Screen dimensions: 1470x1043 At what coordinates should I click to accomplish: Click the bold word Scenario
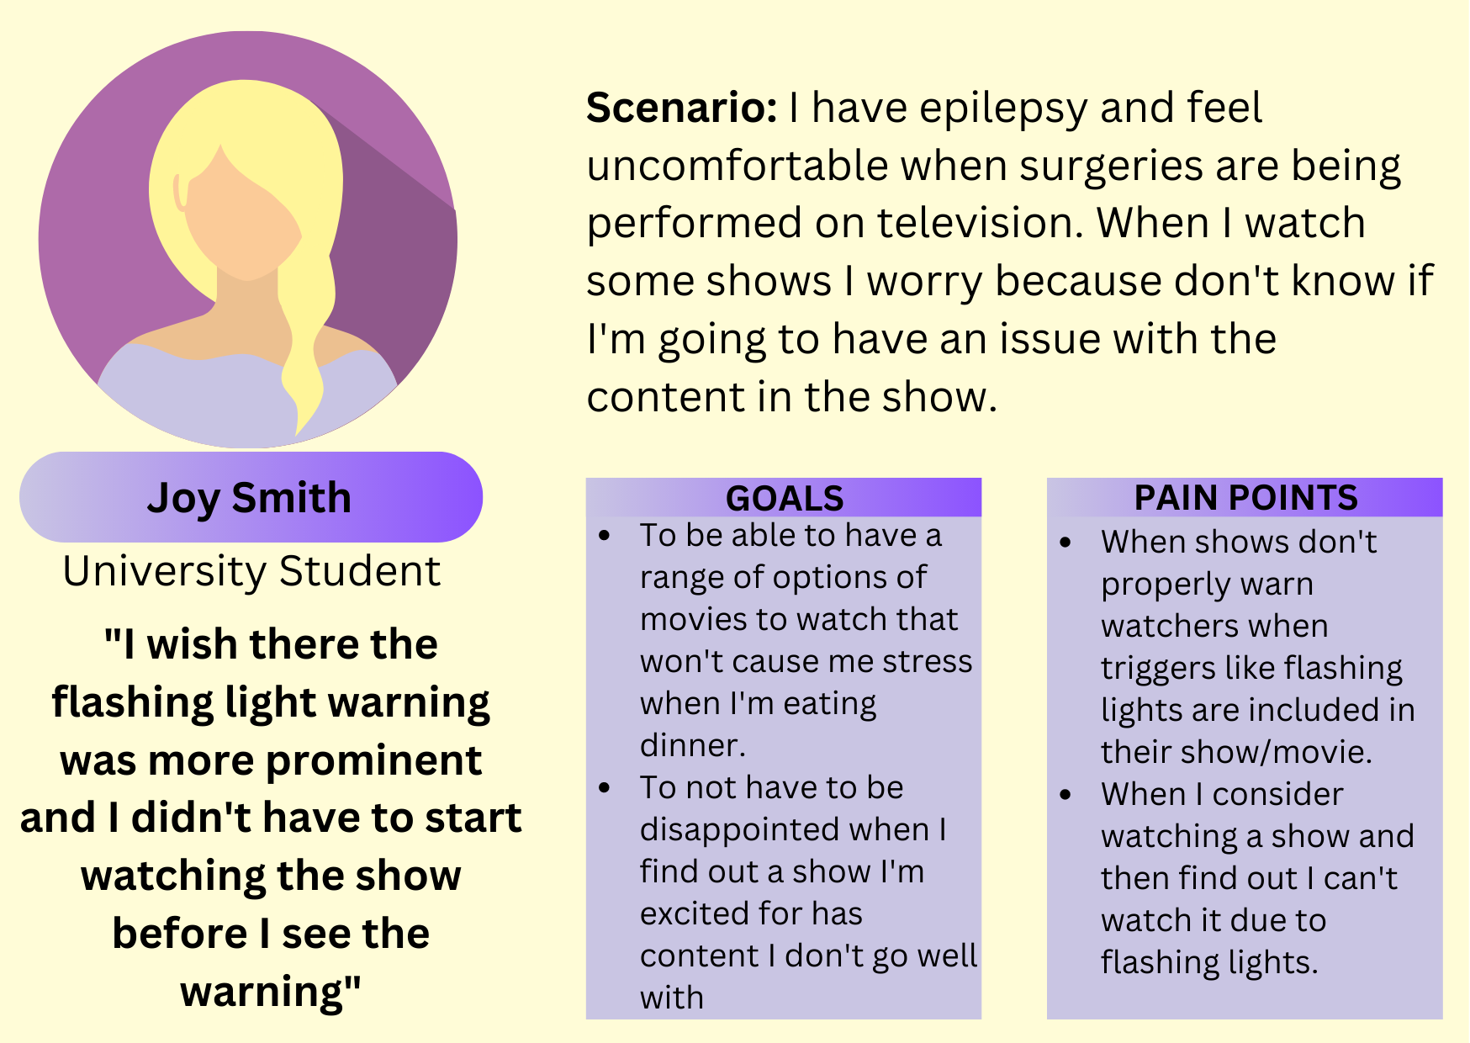tap(682, 108)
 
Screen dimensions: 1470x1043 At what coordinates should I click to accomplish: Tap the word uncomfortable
tap(737, 166)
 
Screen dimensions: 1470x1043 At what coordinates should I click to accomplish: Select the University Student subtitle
tap(251, 572)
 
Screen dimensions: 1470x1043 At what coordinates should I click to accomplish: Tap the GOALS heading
tap(785, 499)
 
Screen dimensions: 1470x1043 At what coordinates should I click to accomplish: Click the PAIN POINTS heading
tap(1245, 498)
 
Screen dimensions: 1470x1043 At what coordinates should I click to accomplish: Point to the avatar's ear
tap(179, 193)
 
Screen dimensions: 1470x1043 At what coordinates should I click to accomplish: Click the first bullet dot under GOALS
tap(604, 536)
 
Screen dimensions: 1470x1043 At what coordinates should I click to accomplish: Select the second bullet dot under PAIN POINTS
tap(1065, 795)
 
